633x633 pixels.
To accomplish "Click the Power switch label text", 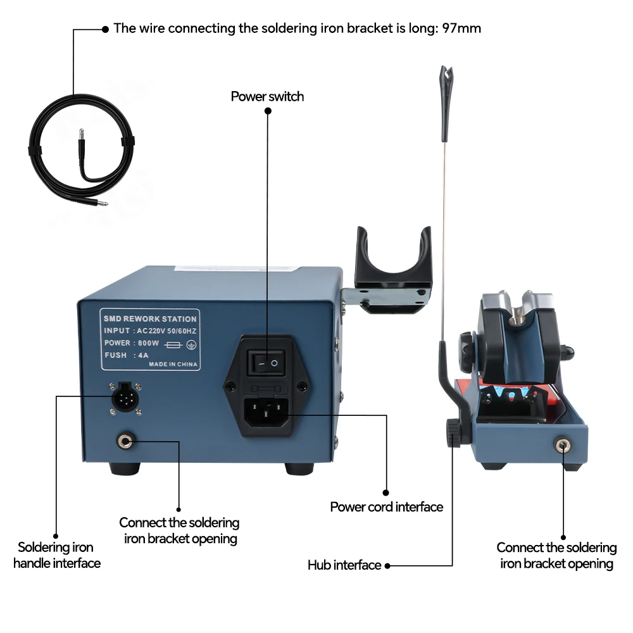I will (x=267, y=96).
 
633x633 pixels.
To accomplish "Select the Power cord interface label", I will (x=386, y=506).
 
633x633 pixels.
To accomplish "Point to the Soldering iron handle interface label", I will (x=56, y=555).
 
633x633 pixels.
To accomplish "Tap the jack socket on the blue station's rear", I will (x=125, y=440).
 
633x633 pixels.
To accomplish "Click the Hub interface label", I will (x=344, y=565).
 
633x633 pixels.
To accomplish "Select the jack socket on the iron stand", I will (x=561, y=444).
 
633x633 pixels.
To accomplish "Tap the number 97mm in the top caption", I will (x=465, y=28).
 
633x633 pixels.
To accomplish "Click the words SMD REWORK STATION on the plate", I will (x=150, y=319).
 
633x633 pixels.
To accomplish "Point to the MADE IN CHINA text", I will (x=173, y=365).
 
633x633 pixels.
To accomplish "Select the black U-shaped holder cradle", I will (x=393, y=260).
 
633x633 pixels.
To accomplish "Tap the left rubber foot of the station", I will (x=124, y=469).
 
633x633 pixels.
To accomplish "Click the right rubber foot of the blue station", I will (x=299, y=469).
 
